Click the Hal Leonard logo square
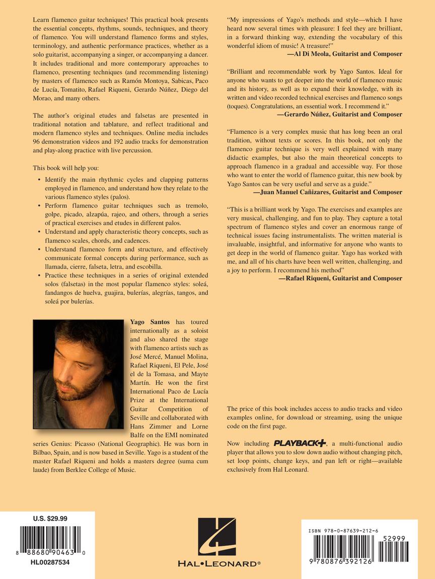[216, 537]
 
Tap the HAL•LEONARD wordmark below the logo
[216, 564]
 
